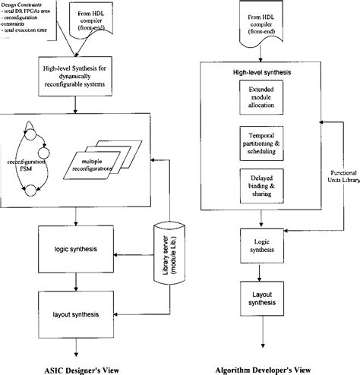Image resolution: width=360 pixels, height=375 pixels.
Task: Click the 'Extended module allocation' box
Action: [259, 99]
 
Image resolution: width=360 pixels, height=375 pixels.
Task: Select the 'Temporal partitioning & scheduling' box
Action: [259, 143]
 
